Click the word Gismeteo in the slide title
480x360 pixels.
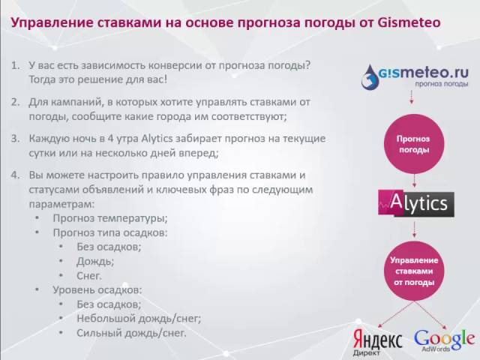pos(409,22)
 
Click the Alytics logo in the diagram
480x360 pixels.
pos(415,202)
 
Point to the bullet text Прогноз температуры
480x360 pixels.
pos(109,218)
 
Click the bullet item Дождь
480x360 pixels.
pos(95,261)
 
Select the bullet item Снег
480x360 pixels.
pos(91,275)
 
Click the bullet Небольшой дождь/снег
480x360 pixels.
pos(138,318)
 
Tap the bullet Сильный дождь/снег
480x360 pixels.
pos(131,332)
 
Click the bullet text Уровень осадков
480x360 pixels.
pos(97,289)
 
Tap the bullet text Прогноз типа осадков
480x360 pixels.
pos(109,232)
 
